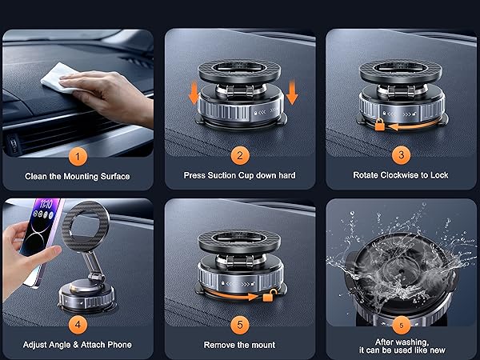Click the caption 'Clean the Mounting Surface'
tap(77, 175)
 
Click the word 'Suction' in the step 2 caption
tap(231, 175)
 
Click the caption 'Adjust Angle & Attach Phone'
tap(77, 345)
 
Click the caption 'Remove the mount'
tap(238, 345)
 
